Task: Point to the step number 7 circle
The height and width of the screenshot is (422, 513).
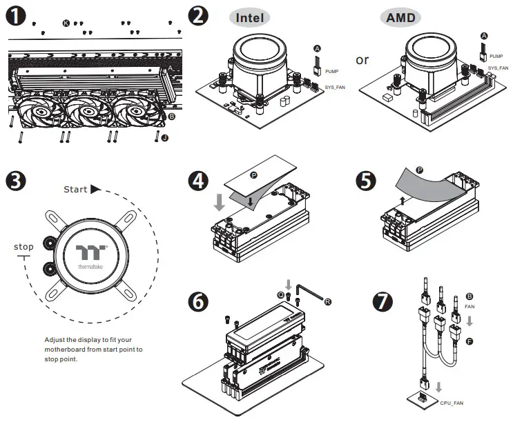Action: coord(383,302)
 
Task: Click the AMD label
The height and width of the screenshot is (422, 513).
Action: coord(401,17)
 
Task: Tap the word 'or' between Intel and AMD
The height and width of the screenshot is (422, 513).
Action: coord(362,60)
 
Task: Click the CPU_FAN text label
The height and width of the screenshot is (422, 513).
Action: coord(452,401)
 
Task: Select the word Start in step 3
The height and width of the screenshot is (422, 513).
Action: coord(75,189)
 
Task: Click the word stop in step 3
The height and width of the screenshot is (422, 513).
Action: coord(23,247)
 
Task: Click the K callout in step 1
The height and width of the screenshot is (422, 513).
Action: coord(66,23)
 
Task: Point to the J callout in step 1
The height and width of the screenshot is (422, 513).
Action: coord(164,138)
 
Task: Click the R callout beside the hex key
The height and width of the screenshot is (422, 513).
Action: coord(327,301)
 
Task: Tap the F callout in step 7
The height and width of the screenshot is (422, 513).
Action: coord(470,341)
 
